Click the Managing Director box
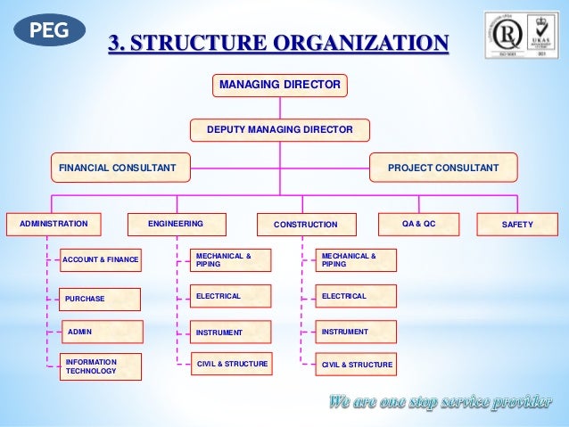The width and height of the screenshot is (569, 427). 279,85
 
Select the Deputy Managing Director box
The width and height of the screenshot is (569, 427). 279,130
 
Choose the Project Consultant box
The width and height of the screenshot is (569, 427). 443,167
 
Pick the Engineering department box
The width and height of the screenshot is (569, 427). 176,224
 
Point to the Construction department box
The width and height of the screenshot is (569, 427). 306,225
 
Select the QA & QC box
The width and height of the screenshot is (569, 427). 418,224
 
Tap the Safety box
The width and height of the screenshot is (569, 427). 517,225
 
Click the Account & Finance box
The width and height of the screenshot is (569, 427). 100,259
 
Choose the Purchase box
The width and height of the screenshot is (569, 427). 100,299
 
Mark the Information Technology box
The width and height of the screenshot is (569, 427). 100,365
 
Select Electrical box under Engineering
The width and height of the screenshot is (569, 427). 231,295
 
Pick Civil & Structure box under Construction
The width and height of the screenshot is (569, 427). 357,365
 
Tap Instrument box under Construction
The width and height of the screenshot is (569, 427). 357,332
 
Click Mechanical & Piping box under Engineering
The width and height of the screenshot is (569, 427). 231,259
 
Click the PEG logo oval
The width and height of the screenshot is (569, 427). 50,29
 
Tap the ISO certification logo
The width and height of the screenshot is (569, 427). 521,35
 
